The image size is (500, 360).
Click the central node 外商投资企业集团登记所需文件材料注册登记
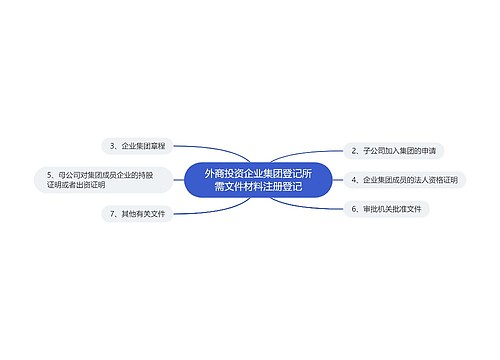click(x=257, y=180)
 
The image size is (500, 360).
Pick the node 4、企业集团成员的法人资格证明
click(x=403, y=180)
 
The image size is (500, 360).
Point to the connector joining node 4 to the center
click(x=335, y=180)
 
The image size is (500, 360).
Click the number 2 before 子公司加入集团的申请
click(x=354, y=151)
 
